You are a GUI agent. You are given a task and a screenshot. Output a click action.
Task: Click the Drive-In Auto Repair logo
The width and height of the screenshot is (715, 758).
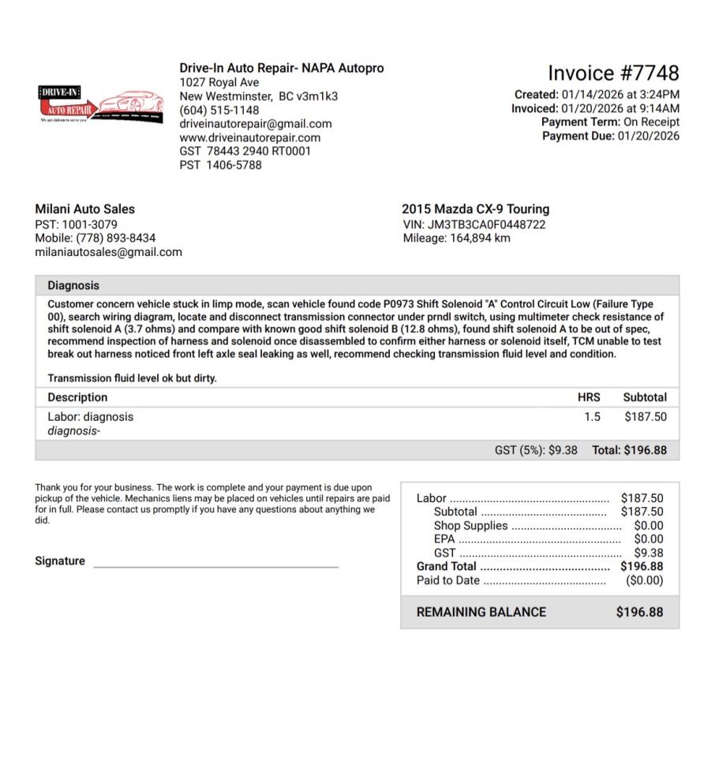coord(100,105)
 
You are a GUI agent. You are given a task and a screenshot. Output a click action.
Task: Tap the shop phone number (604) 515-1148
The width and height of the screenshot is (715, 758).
coord(219,110)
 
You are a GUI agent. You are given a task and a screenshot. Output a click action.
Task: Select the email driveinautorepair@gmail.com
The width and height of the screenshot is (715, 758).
coord(255,124)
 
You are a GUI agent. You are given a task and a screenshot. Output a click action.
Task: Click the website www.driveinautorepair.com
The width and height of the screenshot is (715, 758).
coord(249,137)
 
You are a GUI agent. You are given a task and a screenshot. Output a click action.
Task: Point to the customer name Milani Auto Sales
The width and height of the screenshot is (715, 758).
coord(84,209)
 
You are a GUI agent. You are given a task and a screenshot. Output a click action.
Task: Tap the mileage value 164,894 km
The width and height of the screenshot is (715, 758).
coord(480,238)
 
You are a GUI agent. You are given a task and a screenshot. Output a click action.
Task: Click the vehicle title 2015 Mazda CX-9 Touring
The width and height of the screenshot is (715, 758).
coord(475,209)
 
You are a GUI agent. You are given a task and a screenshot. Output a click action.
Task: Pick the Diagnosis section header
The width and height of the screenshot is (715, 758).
coord(73,286)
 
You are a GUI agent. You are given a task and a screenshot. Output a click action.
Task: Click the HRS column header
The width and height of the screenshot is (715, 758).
coord(589,397)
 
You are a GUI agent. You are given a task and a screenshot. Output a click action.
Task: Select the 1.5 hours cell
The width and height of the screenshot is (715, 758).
coord(592,417)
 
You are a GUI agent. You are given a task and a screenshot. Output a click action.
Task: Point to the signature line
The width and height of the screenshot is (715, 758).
coord(215,566)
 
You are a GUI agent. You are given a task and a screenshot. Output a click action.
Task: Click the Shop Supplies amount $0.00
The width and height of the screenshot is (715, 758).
coord(649,526)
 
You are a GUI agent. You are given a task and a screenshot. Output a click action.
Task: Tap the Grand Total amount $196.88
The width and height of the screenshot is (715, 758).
coord(642,566)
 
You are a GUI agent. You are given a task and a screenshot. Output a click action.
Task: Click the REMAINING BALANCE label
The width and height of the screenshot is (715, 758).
coord(481,612)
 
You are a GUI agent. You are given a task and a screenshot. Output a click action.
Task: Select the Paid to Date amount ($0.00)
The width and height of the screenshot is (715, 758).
coord(644,580)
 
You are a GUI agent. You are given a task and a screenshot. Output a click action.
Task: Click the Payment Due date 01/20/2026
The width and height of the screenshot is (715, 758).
coord(648,136)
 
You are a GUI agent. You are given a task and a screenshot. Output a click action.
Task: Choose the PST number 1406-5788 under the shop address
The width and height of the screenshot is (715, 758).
coord(234,165)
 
